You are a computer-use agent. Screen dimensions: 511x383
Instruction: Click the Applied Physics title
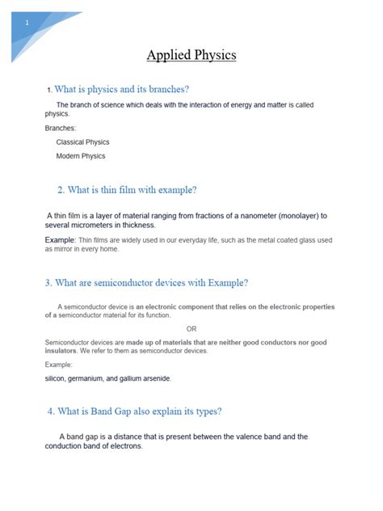click(191, 56)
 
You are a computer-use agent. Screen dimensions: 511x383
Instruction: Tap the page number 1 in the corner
click(27, 22)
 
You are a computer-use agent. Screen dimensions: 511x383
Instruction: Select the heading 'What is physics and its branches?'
click(121, 89)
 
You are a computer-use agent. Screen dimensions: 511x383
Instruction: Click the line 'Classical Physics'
click(83, 141)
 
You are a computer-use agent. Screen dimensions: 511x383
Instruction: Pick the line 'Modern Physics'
click(81, 156)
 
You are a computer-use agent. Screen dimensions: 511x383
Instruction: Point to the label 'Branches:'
click(61, 128)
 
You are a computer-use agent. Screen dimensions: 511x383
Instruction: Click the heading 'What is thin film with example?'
click(127, 190)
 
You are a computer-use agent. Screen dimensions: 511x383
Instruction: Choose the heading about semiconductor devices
click(146, 282)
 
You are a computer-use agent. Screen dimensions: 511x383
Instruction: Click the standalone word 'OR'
click(191, 329)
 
